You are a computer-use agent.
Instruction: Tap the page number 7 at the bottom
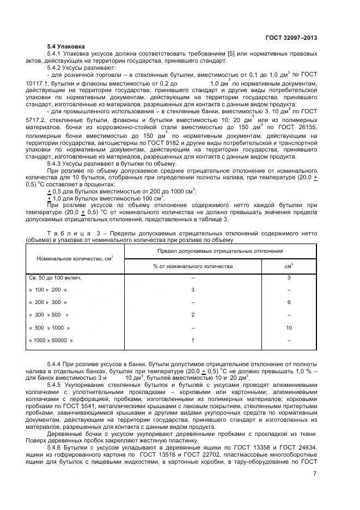click(x=314, y=473)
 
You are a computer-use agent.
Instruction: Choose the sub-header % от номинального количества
click(x=193, y=266)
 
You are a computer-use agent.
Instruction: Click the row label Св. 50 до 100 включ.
click(x=55, y=277)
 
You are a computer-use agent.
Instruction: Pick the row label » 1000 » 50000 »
click(x=51, y=340)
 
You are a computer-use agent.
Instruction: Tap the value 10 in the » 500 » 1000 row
click(x=289, y=327)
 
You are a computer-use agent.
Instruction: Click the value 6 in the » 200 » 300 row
click(x=289, y=302)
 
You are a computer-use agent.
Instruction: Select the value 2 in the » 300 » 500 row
click(x=193, y=315)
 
